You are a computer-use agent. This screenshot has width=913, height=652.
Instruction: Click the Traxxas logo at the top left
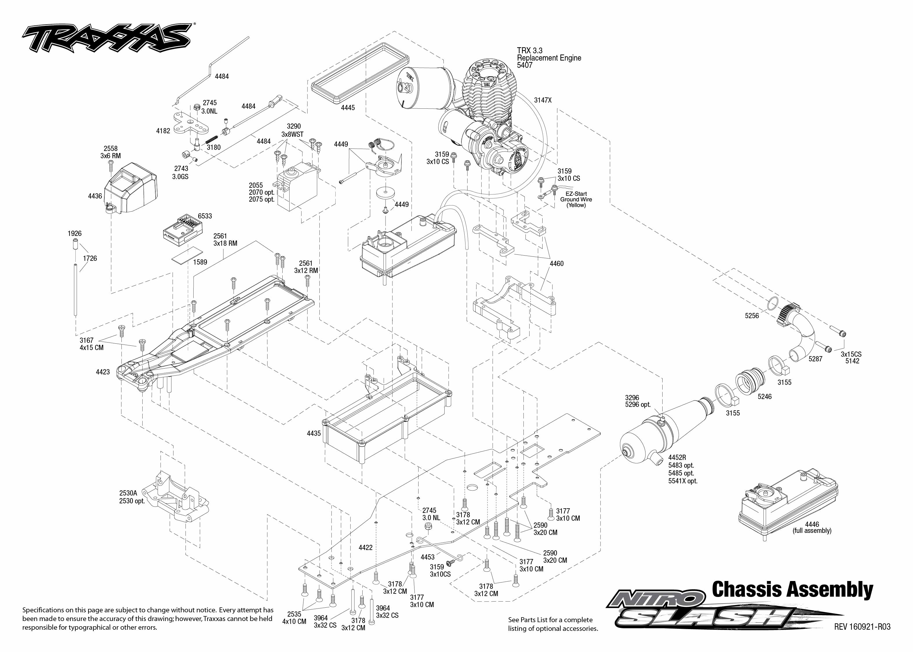(x=106, y=38)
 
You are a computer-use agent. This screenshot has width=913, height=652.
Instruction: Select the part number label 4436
(x=95, y=196)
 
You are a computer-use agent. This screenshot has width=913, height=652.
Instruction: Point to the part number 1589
(x=200, y=262)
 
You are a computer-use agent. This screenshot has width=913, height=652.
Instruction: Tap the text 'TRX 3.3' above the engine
(x=529, y=51)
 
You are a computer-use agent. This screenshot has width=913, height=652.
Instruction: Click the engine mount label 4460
(x=556, y=264)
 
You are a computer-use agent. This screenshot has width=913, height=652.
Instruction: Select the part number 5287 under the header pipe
(x=815, y=359)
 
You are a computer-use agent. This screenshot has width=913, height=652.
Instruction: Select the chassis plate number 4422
(x=365, y=548)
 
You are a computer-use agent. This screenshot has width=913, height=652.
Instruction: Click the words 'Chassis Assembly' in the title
(x=792, y=590)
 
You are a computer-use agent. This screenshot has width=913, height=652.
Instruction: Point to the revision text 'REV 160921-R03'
(x=862, y=627)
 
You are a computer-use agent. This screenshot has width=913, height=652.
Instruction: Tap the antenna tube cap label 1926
(x=75, y=234)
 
